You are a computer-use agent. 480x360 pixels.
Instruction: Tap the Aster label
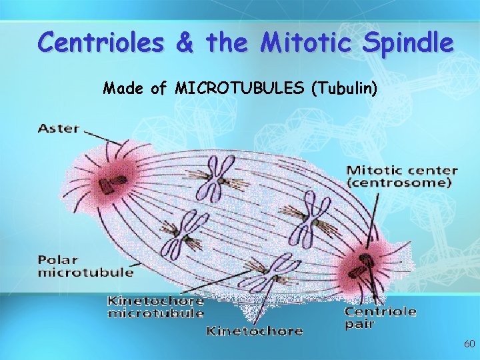tap(59, 128)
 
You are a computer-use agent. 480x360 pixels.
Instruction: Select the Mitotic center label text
tap(401, 171)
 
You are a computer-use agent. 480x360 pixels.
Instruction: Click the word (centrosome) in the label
tap(401, 183)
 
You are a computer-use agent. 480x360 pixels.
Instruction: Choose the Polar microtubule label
tap(85, 265)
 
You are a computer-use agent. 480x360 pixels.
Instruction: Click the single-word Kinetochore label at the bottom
tap(254, 330)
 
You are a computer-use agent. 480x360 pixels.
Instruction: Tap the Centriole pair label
tap(380, 317)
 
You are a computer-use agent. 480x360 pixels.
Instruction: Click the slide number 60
tap(469, 344)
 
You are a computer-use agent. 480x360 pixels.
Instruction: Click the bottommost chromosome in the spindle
tap(269, 270)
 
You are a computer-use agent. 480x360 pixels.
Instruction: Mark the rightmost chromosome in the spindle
tap(309, 216)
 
